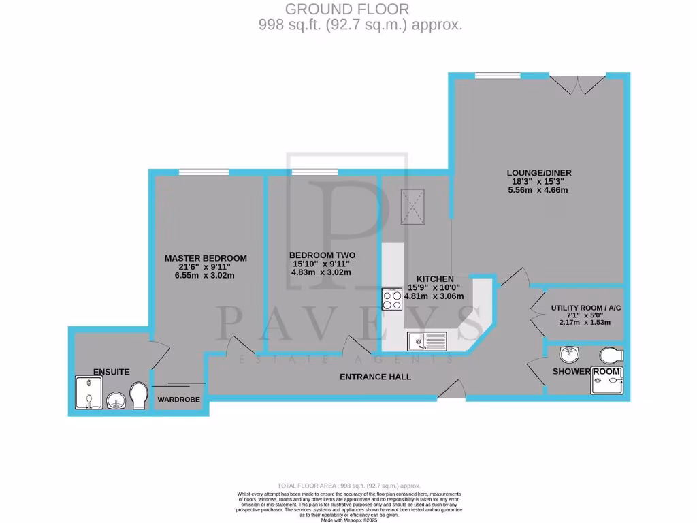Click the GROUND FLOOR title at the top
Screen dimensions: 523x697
(x=347, y=10)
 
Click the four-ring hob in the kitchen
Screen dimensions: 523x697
(x=393, y=300)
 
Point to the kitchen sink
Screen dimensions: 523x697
(x=427, y=340)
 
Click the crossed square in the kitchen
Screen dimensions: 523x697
(x=412, y=205)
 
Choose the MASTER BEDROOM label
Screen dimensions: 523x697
(x=206, y=258)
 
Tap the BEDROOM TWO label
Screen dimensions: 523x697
(x=322, y=255)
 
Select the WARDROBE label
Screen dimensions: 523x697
(x=178, y=400)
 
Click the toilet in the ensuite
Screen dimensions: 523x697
(x=140, y=396)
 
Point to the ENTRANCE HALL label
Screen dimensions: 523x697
(x=376, y=377)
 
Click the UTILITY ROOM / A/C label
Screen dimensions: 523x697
(x=586, y=308)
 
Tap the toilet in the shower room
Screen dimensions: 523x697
(x=611, y=354)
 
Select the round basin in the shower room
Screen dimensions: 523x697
(x=568, y=353)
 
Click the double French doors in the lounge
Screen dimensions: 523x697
(x=577, y=84)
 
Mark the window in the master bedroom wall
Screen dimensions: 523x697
(x=194, y=172)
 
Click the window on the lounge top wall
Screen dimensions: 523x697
(x=493, y=75)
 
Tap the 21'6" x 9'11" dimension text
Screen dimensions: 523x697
(x=206, y=267)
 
